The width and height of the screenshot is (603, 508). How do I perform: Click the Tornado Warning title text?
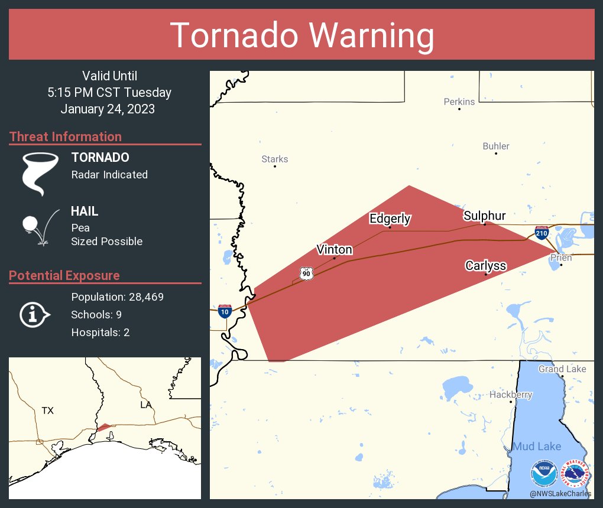tap(301, 35)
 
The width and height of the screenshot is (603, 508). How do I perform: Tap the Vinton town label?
tap(335, 249)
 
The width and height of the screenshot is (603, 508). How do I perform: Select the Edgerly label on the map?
tap(390, 219)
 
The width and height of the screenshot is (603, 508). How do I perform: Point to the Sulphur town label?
tap(484, 216)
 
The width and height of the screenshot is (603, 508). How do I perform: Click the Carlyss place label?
tap(485, 265)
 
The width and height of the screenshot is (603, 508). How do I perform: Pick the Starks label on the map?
tap(275, 159)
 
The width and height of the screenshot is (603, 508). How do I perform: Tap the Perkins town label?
tap(459, 102)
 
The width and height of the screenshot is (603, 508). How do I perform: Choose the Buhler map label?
tap(495, 146)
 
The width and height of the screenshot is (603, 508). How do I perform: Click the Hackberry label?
tap(511, 395)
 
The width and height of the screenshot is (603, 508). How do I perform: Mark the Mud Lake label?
tap(536, 446)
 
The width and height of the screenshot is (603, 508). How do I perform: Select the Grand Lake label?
tap(562, 369)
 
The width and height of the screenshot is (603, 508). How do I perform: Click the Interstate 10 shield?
tap(225, 311)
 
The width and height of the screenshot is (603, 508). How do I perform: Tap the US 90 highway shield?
tap(306, 273)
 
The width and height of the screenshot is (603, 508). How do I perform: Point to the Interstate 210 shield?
tap(542, 232)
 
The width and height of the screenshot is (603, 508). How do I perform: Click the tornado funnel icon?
tap(40, 173)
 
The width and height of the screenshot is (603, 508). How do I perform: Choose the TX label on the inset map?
tap(47, 410)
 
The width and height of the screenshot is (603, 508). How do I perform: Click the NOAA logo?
tap(544, 474)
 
